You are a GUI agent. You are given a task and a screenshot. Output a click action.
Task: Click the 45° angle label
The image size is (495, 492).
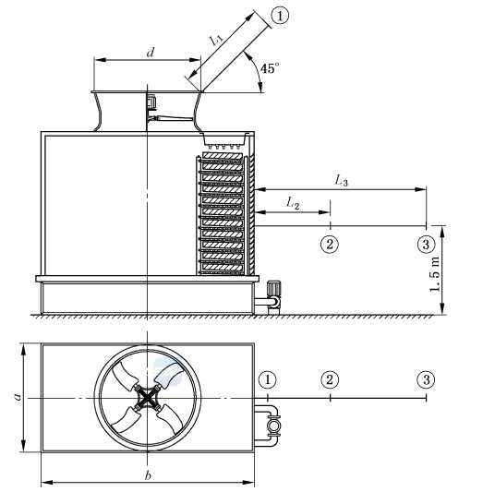pyautogui.click(x=270, y=68)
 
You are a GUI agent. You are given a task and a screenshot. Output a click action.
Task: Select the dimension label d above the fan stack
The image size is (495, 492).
pyautogui.click(x=151, y=53)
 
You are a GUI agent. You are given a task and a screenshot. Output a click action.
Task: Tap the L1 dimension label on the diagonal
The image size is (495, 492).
pyautogui.click(x=217, y=40)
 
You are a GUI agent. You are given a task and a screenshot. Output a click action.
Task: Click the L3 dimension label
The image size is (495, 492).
pyautogui.click(x=342, y=181)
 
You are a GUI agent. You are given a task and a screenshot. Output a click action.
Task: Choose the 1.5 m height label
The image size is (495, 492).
pyautogui.click(x=435, y=274)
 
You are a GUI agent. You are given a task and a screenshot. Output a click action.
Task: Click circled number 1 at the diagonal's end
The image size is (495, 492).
pyautogui.click(x=280, y=16)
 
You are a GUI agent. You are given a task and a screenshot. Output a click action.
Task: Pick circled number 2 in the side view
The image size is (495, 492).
pyautogui.click(x=330, y=244)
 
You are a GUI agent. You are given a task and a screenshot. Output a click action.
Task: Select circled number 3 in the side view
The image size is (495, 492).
pyautogui.click(x=426, y=244)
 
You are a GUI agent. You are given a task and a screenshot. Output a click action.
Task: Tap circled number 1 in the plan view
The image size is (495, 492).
pyautogui.click(x=268, y=379)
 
